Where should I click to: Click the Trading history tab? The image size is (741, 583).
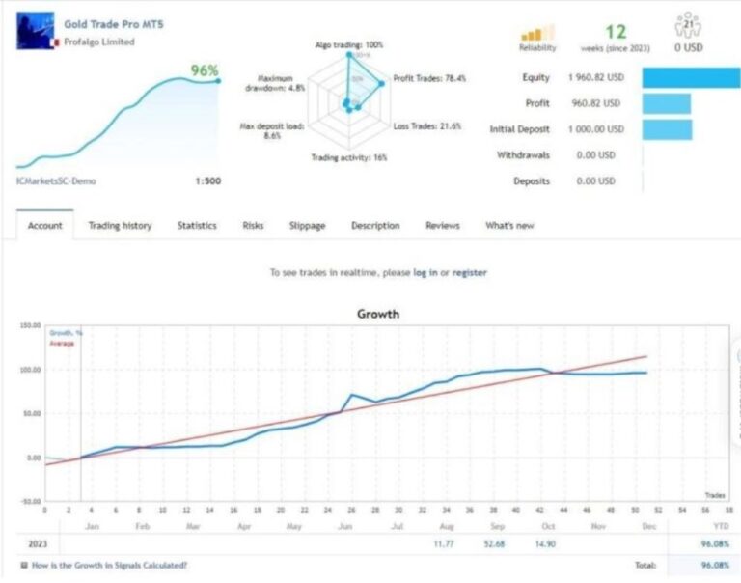click(120, 226)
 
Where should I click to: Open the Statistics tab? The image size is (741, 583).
click(197, 226)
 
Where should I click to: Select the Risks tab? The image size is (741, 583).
click(253, 226)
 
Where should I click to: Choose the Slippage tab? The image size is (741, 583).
click(307, 226)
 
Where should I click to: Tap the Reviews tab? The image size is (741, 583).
click(443, 226)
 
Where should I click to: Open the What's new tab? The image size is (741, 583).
click(509, 226)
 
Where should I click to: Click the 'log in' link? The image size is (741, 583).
click(425, 273)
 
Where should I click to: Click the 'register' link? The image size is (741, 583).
click(469, 273)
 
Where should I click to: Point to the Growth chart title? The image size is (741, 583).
click(377, 314)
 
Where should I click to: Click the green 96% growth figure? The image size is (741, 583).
click(204, 70)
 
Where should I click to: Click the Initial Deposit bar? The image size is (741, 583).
click(667, 129)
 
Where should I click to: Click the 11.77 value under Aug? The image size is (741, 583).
click(445, 544)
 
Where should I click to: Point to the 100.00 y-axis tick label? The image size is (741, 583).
click(30, 370)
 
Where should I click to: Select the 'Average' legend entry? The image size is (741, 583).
click(62, 343)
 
